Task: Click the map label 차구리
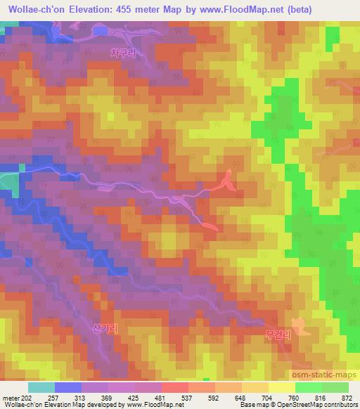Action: (122, 52)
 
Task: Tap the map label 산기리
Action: (105, 328)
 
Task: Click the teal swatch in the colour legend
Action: (41, 387)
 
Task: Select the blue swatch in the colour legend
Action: (68, 387)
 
